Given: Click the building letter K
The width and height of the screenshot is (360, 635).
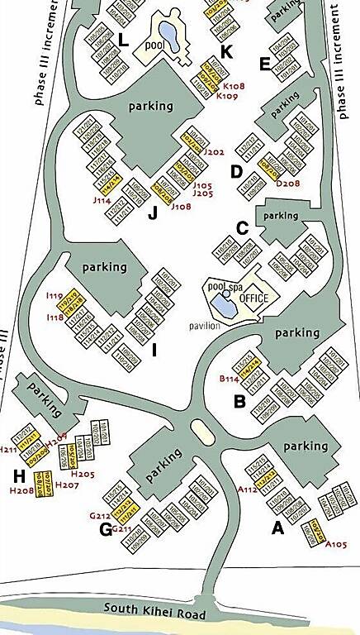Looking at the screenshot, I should tap(227, 52).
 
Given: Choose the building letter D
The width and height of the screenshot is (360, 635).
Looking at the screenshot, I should tap(236, 172).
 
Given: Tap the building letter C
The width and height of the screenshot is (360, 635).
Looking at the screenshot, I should tap(242, 227).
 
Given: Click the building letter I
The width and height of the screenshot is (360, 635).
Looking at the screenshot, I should tap(154, 351).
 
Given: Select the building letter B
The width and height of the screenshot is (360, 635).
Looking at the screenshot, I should tap(240, 402).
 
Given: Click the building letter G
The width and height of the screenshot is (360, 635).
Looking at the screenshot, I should tap(106, 529).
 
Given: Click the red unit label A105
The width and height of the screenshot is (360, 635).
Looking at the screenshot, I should tap(336, 544).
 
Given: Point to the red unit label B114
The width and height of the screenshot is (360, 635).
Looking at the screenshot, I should tap(229, 379).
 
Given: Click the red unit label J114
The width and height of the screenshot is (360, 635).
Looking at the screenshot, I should tap(102, 199).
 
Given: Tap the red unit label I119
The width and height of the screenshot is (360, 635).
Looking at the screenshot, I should tap(55, 295).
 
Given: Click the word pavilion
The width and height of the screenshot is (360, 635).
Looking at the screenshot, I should tap(203, 326).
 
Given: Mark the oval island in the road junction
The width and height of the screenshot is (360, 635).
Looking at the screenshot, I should tap(200, 430).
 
